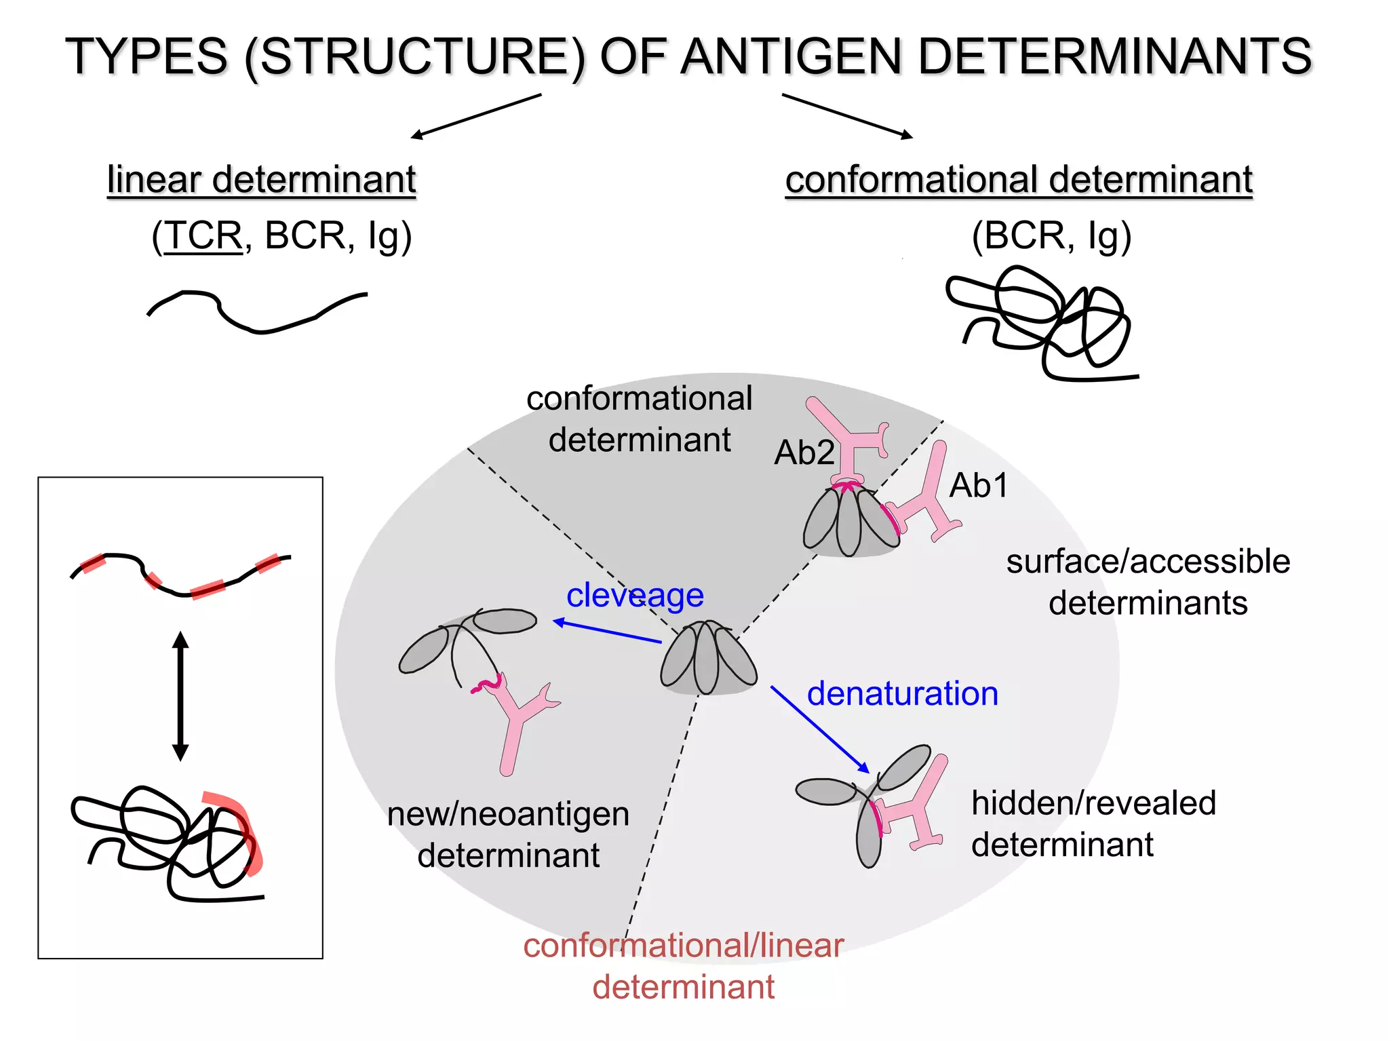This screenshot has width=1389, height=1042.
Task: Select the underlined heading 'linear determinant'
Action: (261, 179)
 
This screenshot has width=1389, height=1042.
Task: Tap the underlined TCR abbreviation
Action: (203, 235)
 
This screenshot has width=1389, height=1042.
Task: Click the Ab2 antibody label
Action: (804, 452)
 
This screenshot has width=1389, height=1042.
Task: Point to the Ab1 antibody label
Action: (978, 485)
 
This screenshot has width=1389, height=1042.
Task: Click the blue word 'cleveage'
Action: (635, 596)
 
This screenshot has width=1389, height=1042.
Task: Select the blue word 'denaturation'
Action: (902, 693)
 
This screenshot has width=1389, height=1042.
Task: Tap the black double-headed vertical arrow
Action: (180, 696)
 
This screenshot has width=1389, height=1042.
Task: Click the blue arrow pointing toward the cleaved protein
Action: (607, 631)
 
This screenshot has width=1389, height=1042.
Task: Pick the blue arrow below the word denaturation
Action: (819, 729)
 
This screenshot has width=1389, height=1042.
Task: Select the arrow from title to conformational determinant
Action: (847, 116)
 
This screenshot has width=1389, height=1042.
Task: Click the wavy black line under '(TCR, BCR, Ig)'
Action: (258, 312)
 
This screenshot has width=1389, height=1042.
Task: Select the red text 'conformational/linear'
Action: (683, 945)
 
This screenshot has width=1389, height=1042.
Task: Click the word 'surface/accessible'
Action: (1148, 562)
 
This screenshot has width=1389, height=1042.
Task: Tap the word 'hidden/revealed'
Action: (1093, 803)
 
